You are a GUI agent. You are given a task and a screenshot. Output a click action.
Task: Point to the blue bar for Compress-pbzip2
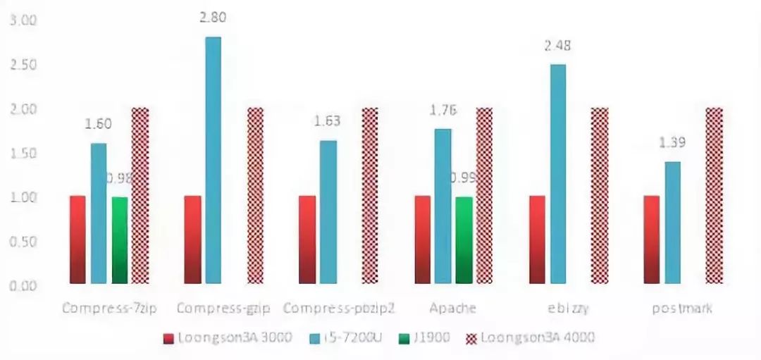click(328, 211)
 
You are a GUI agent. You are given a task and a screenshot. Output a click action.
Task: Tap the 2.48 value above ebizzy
click(557, 46)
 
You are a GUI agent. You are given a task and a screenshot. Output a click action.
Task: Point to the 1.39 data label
click(673, 143)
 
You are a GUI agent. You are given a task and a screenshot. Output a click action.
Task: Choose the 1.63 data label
click(327, 121)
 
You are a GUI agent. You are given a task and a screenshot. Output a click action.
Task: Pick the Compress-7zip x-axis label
click(109, 308)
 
